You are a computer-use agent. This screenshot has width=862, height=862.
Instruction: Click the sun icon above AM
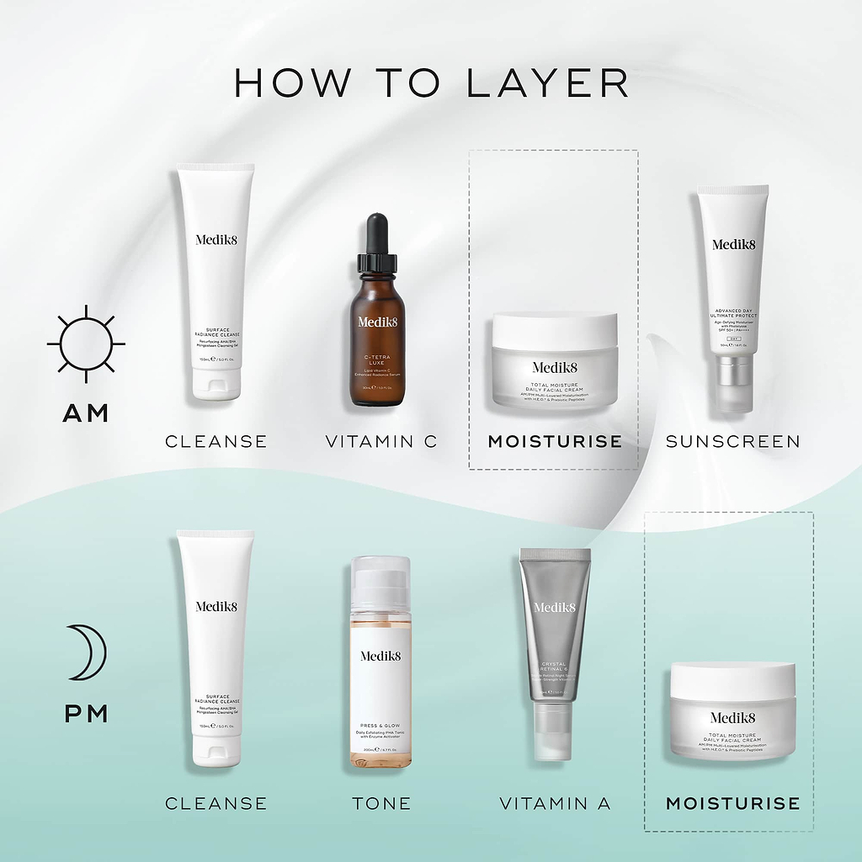coord(86,343)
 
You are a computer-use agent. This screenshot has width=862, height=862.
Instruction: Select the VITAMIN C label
coord(381,441)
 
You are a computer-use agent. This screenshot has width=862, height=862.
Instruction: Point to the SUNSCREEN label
coord(732,441)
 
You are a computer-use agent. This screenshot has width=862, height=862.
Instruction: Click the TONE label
coord(381,803)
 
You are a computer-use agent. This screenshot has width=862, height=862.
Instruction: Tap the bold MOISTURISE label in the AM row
coord(555,441)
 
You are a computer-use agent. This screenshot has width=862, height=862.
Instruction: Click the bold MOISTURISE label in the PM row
coord(732,803)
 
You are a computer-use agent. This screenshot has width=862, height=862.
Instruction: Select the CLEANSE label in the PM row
coord(215,803)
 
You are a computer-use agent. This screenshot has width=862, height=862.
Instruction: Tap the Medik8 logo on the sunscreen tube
coord(734,245)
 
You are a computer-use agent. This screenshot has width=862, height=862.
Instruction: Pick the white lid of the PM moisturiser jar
coord(732,678)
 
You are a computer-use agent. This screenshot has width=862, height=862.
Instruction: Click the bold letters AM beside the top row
coord(86,413)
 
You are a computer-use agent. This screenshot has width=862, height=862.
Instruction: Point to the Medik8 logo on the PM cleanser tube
coord(215,606)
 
